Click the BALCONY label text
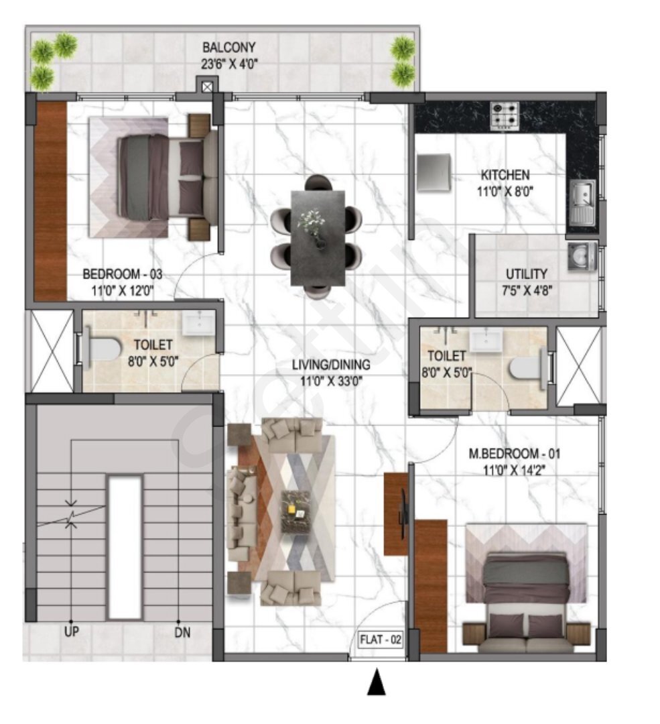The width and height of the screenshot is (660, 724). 229,48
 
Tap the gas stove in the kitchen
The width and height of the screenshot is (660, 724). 504,115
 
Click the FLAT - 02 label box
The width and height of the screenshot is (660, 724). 381,640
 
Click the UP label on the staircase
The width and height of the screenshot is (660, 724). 70,631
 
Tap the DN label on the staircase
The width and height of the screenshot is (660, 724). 178,631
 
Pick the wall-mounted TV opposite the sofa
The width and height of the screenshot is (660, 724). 402,507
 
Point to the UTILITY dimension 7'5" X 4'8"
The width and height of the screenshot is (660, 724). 527,290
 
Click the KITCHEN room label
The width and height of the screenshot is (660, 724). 505,175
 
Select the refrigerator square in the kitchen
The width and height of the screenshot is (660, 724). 435,173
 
